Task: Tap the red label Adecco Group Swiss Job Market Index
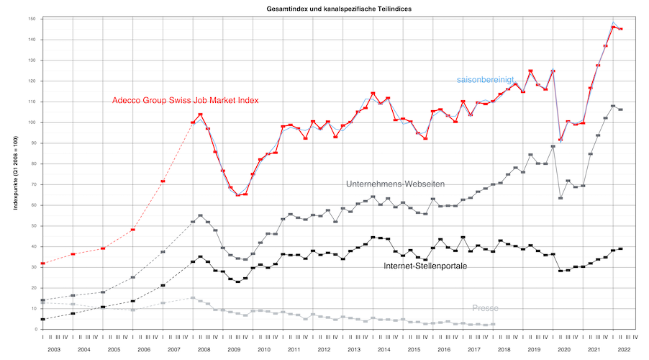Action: (x=185, y=101)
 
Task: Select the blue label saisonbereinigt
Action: (x=485, y=80)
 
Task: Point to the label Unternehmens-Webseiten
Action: (x=395, y=184)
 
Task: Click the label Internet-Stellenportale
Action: (x=425, y=266)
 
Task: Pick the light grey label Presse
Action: (x=485, y=308)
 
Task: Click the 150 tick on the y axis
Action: (x=32, y=19)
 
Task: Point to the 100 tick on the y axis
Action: (x=32, y=122)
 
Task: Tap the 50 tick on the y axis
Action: (x=34, y=226)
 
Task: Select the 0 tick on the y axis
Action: (x=35, y=329)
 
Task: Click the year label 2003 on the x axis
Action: (x=55, y=348)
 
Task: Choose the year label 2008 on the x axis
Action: (x=204, y=348)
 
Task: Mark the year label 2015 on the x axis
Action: (x=414, y=348)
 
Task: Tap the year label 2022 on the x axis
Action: (x=623, y=348)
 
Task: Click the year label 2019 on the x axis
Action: (x=533, y=348)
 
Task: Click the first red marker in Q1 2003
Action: (x=43, y=264)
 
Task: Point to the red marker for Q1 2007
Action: (x=163, y=181)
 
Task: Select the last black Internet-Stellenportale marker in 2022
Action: (x=620, y=249)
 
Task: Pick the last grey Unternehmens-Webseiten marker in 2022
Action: (x=620, y=109)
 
